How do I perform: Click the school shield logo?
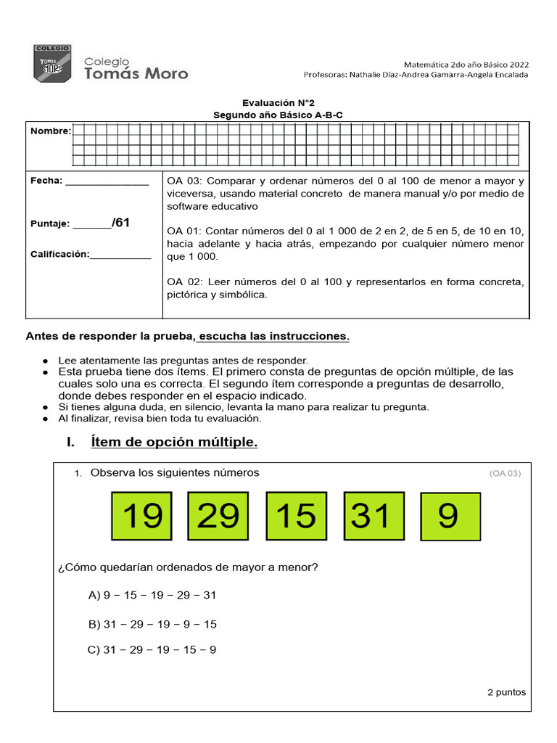click(x=52, y=64)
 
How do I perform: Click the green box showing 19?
click(x=141, y=516)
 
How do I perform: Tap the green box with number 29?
click(x=218, y=516)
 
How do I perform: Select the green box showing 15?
click(x=297, y=516)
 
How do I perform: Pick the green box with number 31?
click(x=374, y=516)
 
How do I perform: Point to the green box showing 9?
click(x=450, y=517)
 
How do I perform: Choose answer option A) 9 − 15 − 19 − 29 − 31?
click(x=152, y=595)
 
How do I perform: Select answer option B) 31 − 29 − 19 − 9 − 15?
click(x=152, y=624)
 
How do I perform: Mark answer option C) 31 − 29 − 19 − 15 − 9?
click(x=152, y=649)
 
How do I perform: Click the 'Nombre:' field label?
click(x=50, y=131)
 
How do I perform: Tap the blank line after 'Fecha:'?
click(x=107, y=184)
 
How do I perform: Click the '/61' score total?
click(x=120, y=223)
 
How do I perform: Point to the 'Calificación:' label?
click(x=60, y=254)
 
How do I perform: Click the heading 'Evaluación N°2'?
click(x=278, y=104)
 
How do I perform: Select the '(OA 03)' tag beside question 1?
click(x=505, y=474)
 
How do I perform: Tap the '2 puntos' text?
click(x=506, y=691)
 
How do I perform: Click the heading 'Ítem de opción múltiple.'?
click(x=174, y=442)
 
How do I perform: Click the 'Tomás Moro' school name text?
click(x=136, y=73)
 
